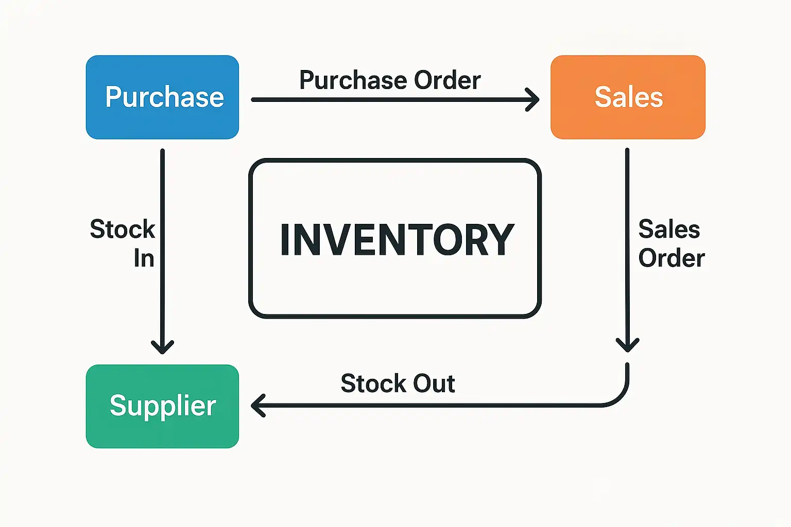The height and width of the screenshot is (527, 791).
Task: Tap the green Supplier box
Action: click(162, 432)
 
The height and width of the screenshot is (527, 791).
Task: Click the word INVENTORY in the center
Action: click(397, 240)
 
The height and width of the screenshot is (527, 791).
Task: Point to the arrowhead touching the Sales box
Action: click(534, 99)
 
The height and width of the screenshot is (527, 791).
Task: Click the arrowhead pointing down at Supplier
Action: click(163, 347)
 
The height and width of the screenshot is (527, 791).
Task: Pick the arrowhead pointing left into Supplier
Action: click(257, 406)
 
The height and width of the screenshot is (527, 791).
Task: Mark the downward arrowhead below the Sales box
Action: click(627, 345)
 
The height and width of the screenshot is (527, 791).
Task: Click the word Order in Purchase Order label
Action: click(447, 80)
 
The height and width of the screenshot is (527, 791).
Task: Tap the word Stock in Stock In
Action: click(123, 229)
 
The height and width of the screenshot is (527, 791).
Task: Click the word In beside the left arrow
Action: click(144, 258)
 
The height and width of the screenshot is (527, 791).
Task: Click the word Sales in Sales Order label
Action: click(669, 229)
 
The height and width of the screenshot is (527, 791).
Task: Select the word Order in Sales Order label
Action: click(672, 258)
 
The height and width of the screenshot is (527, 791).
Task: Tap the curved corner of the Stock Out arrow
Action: click(620, 398)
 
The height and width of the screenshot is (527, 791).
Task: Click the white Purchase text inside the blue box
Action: click(164, 97)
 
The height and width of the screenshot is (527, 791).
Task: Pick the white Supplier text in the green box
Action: click(163, 406)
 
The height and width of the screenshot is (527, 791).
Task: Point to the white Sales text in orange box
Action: click(629, 97)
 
